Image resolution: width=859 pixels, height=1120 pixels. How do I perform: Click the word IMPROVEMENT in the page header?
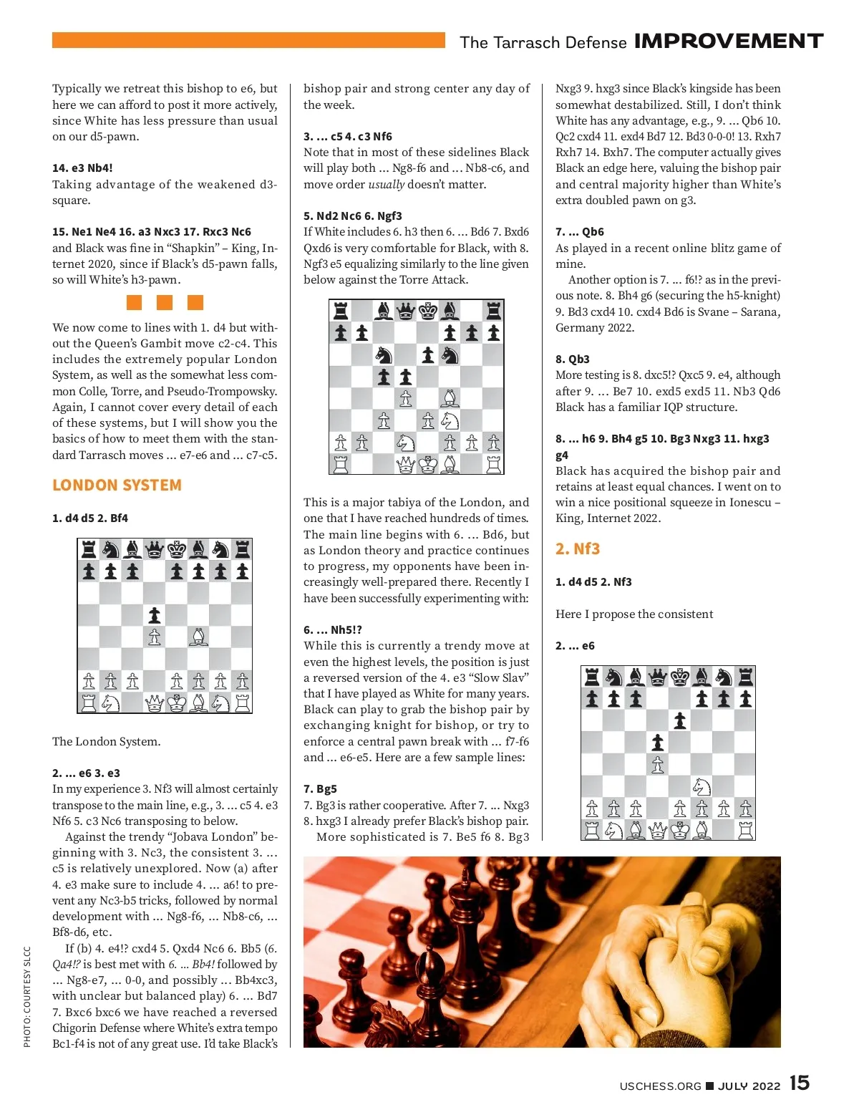point(729,42)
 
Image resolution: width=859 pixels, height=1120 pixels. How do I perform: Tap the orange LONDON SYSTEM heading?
point(117,486)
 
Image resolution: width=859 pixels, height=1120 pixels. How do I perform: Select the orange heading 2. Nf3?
point(578,549)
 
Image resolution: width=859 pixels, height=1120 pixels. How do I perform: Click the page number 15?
point(800,1083)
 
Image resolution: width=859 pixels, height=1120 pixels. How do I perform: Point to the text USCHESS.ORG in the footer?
point(660,1086)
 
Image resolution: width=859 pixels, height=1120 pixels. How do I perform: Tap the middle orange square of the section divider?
point(165,302)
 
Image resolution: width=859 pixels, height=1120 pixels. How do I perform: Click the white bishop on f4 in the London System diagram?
point(199,637)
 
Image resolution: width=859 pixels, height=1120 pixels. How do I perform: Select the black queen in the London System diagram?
point(155,549)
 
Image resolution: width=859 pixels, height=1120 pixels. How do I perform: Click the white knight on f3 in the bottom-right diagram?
point(702,786)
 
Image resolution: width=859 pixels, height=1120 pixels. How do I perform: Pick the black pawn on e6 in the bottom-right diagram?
point(679,720)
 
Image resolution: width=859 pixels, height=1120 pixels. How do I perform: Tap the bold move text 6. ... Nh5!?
point(333,630)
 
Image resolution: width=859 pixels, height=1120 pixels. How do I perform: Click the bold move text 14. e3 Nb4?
point(82,168)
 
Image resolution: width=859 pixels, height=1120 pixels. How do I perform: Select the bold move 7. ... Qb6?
point(580,232)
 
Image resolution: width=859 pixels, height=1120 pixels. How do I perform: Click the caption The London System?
point(106,742)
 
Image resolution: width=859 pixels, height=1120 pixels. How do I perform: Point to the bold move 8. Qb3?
point(573,359)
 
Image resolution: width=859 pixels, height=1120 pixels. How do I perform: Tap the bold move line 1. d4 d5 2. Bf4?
point(90,518)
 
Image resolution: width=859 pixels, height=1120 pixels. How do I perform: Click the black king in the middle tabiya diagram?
point(428,311)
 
